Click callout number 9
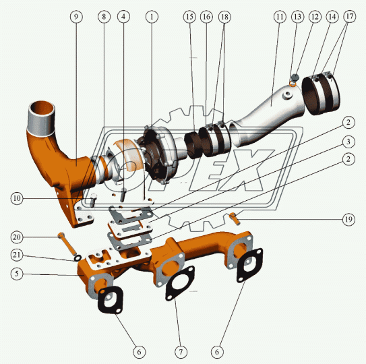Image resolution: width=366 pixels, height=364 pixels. tap(76, 17)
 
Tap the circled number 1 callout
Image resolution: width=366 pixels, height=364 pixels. tap(152, 17)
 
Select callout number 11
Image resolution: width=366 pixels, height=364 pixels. tap(280, 17)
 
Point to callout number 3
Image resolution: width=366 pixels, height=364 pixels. tap(348, 142)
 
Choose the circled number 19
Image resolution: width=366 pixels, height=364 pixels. tap(348, 220)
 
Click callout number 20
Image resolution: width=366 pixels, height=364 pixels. tap(17, 237)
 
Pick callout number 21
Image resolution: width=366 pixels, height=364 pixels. tap(17, 255)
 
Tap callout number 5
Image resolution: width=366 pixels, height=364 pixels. tap(17, 274)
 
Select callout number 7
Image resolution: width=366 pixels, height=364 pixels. tap(181, 352)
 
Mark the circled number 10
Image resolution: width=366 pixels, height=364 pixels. tap(17, 198)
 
